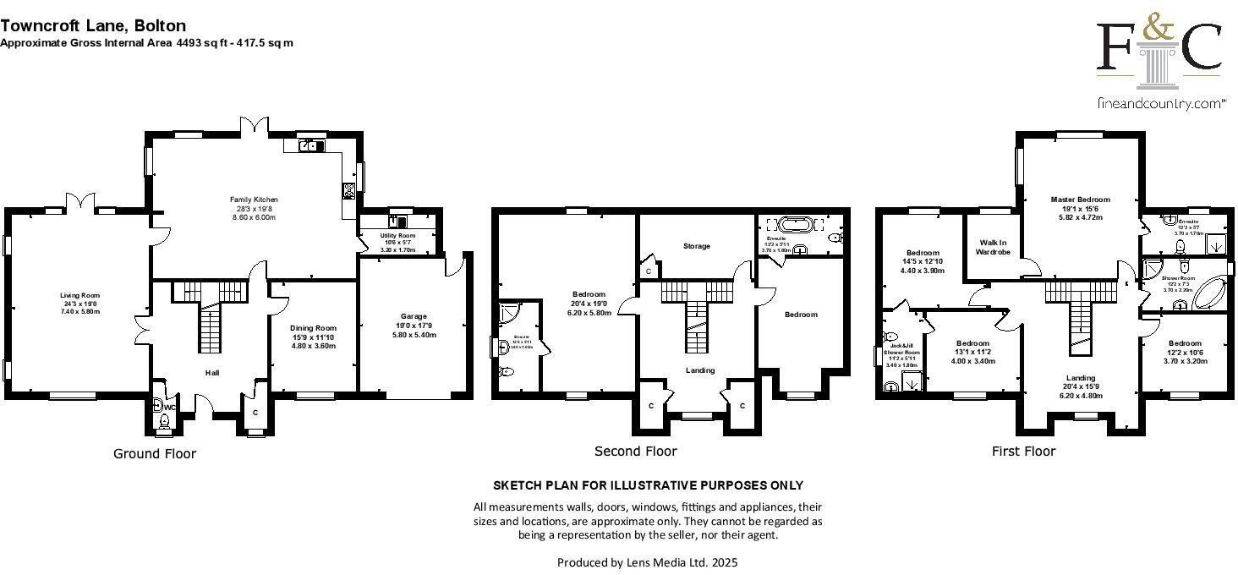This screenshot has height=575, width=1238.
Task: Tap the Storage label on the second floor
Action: (696, 246)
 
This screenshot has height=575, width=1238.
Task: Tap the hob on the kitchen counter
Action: (348, 190)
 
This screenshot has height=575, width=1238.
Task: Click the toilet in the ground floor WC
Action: (164, 420)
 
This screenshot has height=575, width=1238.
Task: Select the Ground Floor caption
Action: (155, 454)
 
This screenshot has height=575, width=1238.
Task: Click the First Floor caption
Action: (1023, 452)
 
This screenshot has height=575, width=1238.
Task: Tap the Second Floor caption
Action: (635, 452)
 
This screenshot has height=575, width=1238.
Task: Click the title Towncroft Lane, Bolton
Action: (93, 26)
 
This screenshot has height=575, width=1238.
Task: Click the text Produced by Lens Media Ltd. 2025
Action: (648, 561)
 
